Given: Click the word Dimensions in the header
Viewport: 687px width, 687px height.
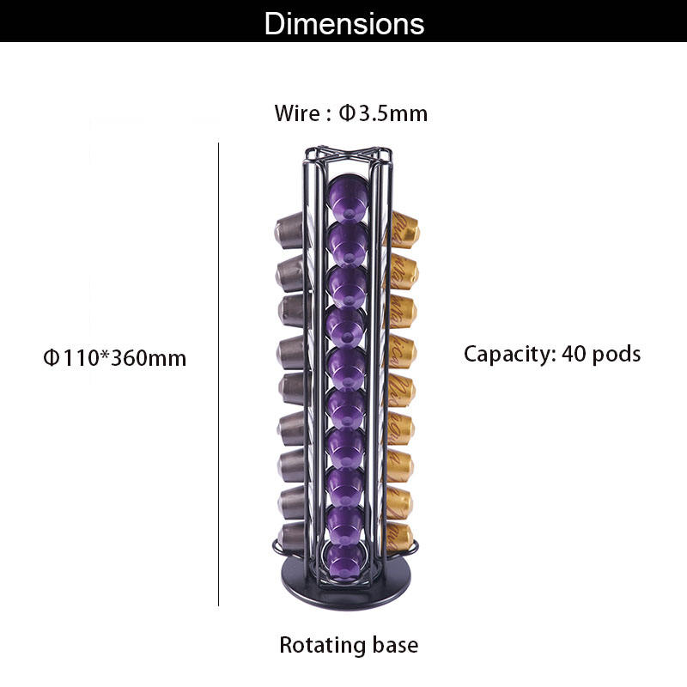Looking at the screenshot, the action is coord(343,23).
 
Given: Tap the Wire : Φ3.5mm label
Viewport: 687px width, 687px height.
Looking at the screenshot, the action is coord(350,112).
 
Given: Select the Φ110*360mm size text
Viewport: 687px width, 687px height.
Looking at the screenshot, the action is coord(114,357).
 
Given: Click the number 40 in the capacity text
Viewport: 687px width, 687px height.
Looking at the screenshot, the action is coord(575,353).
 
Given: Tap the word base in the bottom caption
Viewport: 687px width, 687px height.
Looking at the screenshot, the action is coord(395,644).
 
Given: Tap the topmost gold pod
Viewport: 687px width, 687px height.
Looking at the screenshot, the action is coord(402,230).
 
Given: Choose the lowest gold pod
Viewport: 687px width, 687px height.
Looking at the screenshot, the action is coord(399,537).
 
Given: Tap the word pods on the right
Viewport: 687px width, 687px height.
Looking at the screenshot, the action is coord(615,354).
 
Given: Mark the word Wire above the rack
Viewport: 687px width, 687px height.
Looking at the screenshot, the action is coord(296,112).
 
